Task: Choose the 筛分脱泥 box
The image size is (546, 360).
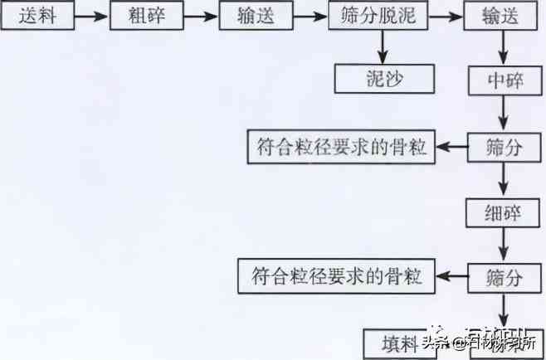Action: [x=379, y=16]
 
